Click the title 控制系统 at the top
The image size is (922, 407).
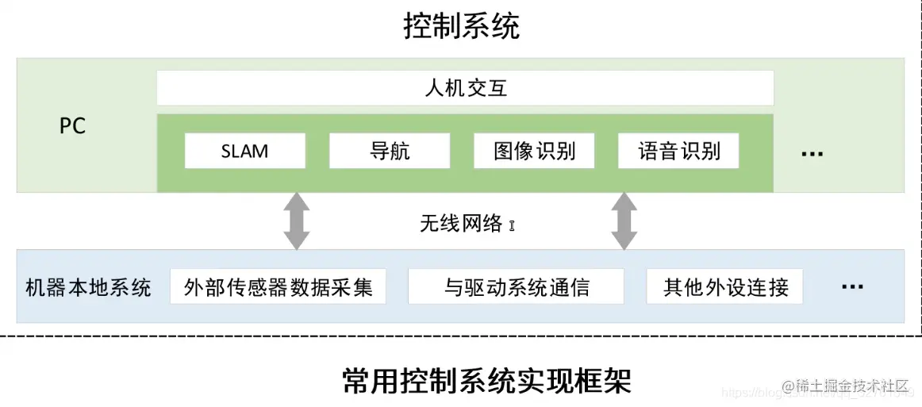click(x=461, y=27)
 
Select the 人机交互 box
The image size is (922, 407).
click(x=465, y=88)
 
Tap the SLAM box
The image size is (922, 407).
click(x=244, y=151)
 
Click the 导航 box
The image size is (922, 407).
click(x=389, y=151)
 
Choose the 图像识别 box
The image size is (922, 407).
click(x=534, y=151)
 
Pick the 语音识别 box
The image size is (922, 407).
click(x=678, y=151)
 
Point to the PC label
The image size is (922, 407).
click(x=72, y=126)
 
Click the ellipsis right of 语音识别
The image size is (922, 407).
click(x=812, y=153)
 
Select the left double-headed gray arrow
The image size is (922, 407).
click(x=297, y=221)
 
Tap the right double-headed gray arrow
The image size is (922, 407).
click(x=624, y=221)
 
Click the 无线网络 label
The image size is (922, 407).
click(x=461, y=224)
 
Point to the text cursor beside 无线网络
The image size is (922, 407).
click(x=512, y=225)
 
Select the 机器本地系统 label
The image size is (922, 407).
click(x=88, y=286)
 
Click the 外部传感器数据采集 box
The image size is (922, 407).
click(x=278, y=286)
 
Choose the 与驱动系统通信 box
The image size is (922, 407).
click(x=516, y=286)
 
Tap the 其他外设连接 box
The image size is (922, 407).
click(x=725, y=286)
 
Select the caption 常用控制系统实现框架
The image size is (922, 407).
click(x=486, y=381)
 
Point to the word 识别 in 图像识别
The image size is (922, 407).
click(x=555, y=151)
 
